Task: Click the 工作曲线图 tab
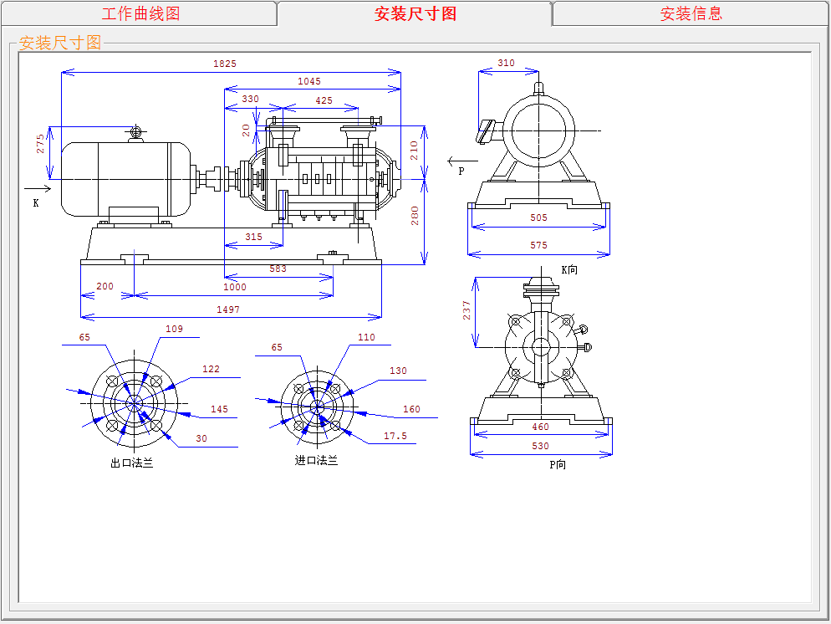pyautogui.click(x=140, y=13)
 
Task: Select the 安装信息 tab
pyautogui.click(x=691, y=13)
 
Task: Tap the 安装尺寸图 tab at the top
pyautogui.click(x=415, y=13)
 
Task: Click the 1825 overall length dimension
pyautogui.click(x=225, y=64)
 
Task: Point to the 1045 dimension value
pyautogui.click(x=309, y=82)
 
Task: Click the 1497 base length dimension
pyautogui.click(x=227, y=309)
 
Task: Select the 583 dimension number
pyautogui.click(x=278, y=269)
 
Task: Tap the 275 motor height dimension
pyautogui.click(x=40, y=143)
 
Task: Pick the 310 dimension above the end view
pyautogui.click(x=506, y=64)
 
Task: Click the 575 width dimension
pyautogui.click(x=538, y=245)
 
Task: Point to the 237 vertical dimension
pyautogui.click(x=467, y=310)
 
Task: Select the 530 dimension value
pyautogui.click(x=541, y=446)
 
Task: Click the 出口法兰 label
pyautogui.click(x=132, y=463)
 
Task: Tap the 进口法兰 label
pyautogui.click(x=316, y=460)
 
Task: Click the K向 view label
pyautogui.click(x=569, y=270)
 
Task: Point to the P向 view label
pyautogui.click(x=558, y=465)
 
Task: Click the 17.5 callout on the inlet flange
pyautogui.click(x=395, y=436)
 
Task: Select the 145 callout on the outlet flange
pyautogui.click(x=219, y=410)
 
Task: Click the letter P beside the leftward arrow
pyautogui.click(x=461, y=171)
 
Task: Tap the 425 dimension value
pyautogui.click(x=324, y=100)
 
